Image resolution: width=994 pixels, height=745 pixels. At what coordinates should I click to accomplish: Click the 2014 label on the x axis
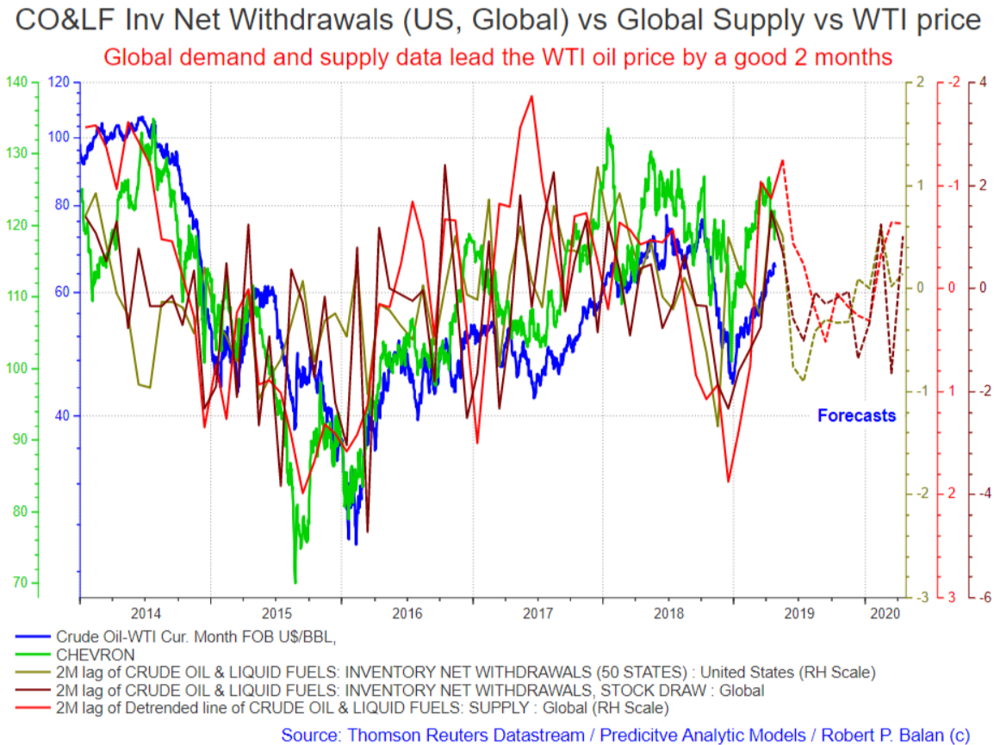[x=146, y=614]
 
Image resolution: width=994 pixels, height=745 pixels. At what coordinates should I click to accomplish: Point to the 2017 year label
[x=537, y=614]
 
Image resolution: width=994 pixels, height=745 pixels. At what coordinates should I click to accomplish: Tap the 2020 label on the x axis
[x=885, y=614]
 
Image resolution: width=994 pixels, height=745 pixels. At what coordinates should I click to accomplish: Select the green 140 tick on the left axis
[x=16, y=82]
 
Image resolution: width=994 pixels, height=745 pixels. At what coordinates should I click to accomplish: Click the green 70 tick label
[x=21, y=582]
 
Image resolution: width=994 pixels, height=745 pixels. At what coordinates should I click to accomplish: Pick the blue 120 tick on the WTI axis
[x=59, y=82]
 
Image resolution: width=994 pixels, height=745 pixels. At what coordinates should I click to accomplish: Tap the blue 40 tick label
[x=62, y=415]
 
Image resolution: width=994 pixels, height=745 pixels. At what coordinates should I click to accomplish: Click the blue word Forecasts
[x=856, y=415]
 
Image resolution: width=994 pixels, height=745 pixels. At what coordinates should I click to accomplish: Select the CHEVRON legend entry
[x=95, y=655]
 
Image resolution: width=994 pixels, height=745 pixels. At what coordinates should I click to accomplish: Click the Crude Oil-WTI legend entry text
[x=196, y=636]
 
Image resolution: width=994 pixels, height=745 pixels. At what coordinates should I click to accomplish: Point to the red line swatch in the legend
[x=33, y=708]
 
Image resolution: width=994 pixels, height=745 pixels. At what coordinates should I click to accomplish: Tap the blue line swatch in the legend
[x=33, y=636]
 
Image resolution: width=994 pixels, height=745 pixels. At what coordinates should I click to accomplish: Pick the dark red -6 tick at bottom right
[x=983, y=597]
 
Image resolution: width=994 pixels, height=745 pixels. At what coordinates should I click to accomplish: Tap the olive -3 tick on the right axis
[x=923, y=597]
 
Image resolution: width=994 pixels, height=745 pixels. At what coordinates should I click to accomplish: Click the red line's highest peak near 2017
[x=531, y=96]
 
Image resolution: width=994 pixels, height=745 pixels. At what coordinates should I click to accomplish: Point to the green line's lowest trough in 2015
[x=295, y=582]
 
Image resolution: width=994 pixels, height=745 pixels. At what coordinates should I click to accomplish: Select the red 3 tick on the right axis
[x=952, y=597]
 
